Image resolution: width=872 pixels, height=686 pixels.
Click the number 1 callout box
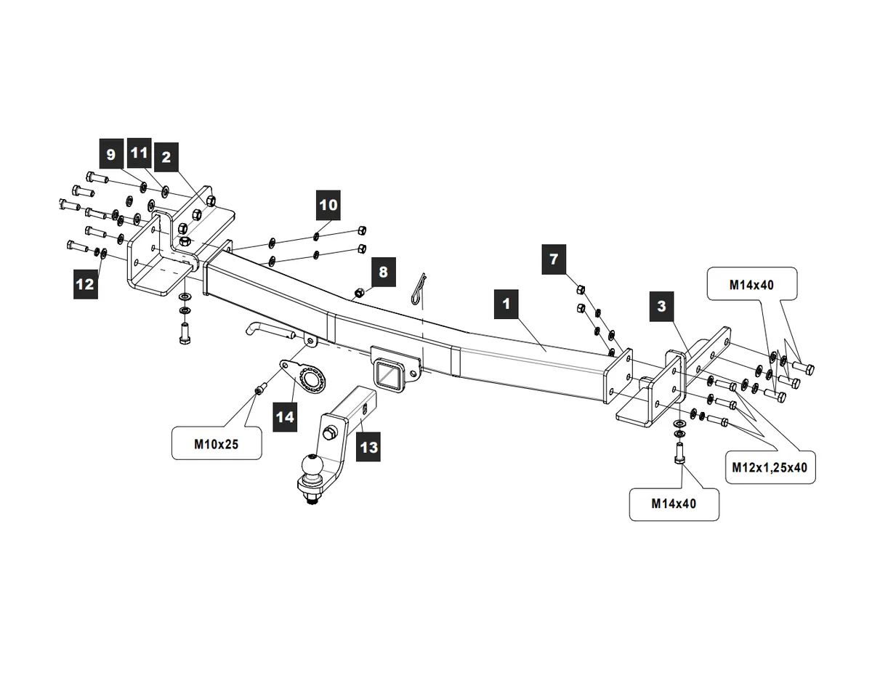point(506,304)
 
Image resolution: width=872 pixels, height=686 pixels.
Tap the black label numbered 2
point(166,157)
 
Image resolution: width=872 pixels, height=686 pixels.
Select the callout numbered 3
point(662,307)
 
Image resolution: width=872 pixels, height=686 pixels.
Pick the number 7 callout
point(554,259)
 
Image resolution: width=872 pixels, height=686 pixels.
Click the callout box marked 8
point(383,272)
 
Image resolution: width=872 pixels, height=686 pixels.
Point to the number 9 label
point(110,153)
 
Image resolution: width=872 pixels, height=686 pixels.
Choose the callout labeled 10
point(328,205)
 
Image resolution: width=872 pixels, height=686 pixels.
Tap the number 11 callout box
point(139,153)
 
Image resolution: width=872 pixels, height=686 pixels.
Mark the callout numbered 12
point(85,284)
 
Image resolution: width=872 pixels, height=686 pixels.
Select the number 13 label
point(368,446)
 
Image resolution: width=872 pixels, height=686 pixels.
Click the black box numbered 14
point(285,416)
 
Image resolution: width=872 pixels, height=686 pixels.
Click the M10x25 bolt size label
point(217,445)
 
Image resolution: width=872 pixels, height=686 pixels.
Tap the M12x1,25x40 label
point(770,467)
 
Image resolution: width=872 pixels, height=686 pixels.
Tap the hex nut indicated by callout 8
point(358,292)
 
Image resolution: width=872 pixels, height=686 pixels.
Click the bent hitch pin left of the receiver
point(273,330)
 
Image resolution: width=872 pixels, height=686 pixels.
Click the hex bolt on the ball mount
point(329,432)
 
